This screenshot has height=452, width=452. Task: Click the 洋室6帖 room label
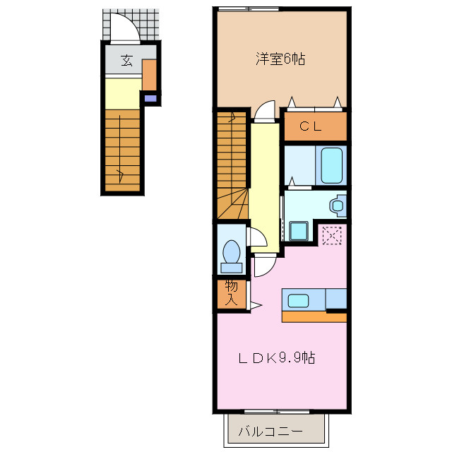click(280, 60)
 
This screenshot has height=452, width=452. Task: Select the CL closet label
click(311, 127)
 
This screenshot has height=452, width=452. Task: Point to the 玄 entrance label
click(126, 60)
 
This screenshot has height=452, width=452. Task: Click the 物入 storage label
click(231, 292)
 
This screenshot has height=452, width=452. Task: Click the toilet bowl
click(231, 253)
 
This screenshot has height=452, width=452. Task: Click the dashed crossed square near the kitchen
click(331, 234)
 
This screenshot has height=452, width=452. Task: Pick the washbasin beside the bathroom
click(337, 206)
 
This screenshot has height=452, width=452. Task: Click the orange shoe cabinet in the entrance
click(149, 76)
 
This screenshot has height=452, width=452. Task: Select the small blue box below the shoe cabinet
click(149, 99)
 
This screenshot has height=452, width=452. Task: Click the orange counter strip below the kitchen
click(314, 317)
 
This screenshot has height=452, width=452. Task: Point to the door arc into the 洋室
click(264, 109)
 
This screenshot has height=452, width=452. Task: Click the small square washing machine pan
click(297, 230)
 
